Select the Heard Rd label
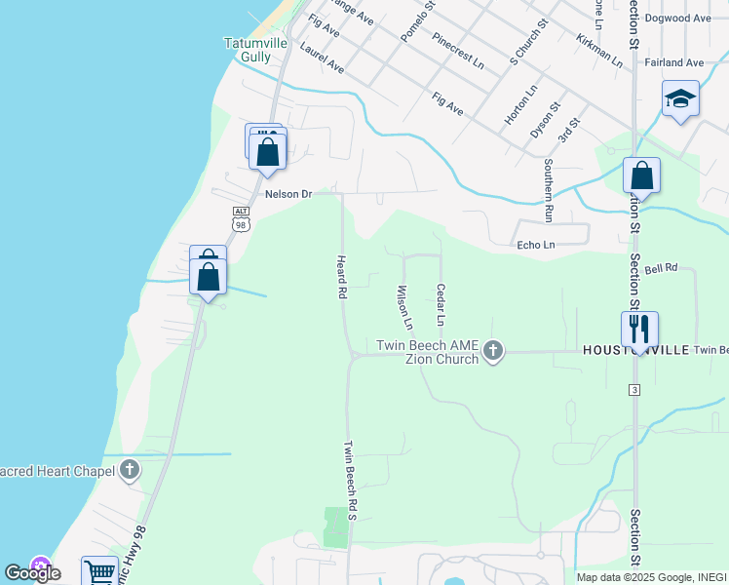[x=341, y=278]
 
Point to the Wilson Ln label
[x=404, y=306]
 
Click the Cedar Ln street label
[x=441, y=305]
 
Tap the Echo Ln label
[x=535, y=245]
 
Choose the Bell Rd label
[x=660, y=267]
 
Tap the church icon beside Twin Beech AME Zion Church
[x=493, y=350]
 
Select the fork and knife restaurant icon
[x=639, y=328]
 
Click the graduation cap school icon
[x=680, y=98]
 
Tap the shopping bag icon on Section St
[x=641, y=176]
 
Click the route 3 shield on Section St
[x=634, y=390]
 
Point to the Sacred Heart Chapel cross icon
[x=130, y=471]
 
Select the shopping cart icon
[x=99, y=572]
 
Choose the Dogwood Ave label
[x=678, y=19]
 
